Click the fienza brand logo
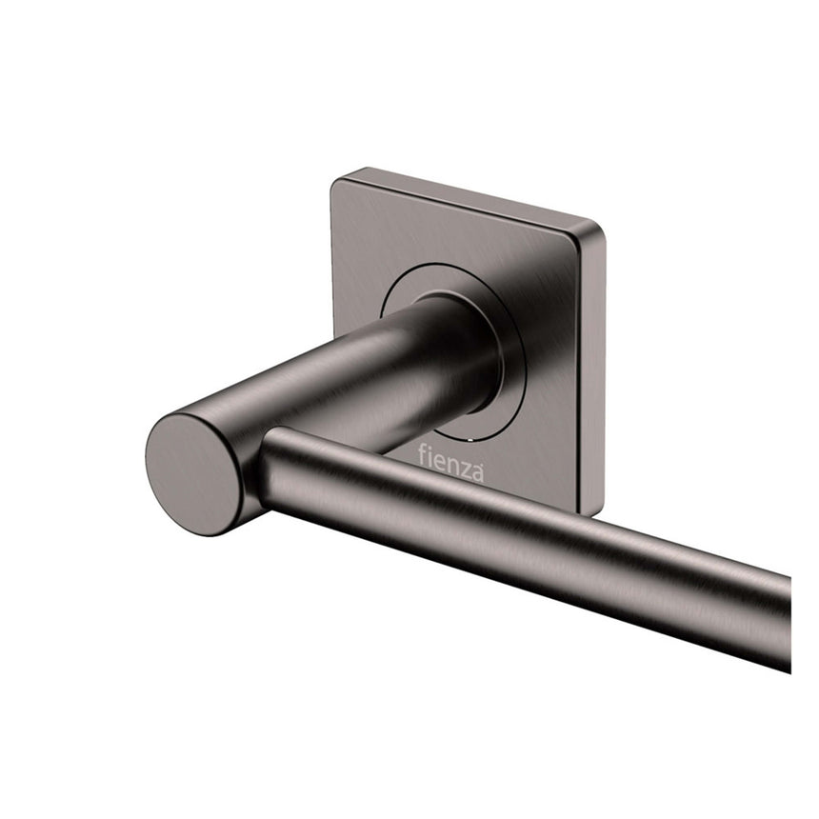click(450, 464)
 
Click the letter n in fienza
click(450, 465)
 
